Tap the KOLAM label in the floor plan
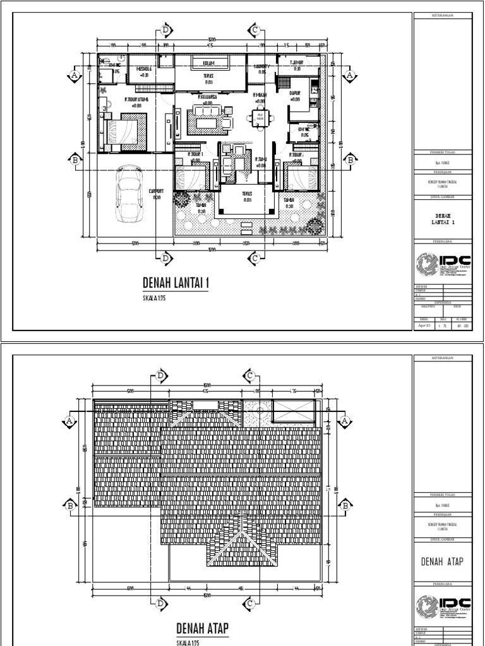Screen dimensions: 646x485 [208, 64]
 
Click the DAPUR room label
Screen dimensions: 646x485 [294, 93]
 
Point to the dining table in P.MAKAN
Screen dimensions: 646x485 [259, 117]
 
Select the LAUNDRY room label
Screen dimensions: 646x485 [261, 66]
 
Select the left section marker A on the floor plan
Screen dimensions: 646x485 [74, 76]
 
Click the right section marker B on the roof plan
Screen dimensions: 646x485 [346, 505]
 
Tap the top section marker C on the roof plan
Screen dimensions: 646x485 [250, 376]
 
